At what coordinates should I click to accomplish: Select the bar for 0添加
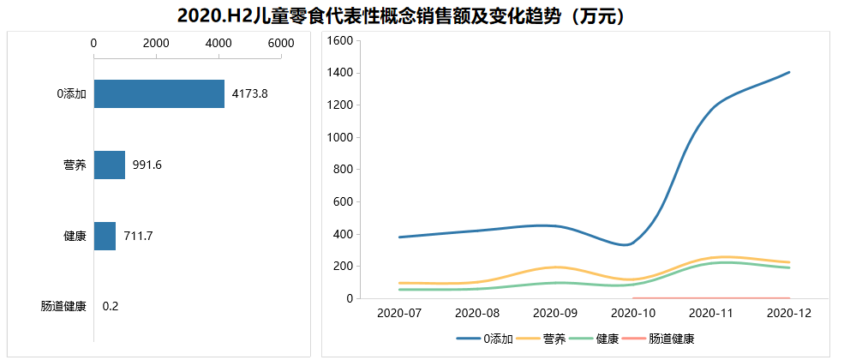[x=159, y=94]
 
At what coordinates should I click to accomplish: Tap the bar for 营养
[x=109, y=165]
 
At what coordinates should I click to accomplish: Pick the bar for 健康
[x=105, y=236]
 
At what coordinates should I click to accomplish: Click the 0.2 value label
[x=111, y=306]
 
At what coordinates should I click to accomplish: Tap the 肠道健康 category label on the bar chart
[x=63, y=306]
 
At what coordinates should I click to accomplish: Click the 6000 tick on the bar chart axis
[x=280, y=43]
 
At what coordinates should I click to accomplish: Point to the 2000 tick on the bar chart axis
[x=156, y=43]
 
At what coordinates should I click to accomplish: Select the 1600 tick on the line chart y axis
[x=341, y=41]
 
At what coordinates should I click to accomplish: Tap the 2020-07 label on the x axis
[x=400, y=314]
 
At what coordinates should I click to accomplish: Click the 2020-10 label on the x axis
[x=633, y=314]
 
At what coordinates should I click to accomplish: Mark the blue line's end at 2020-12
[x=788, y=72]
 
